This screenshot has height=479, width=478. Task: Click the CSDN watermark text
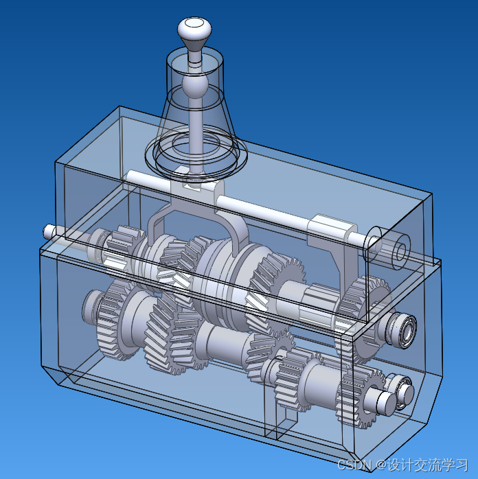click(x=354, y=465)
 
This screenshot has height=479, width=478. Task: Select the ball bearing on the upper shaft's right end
click(x=404, y=331)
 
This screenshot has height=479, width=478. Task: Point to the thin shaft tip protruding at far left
click(x=48, y=232)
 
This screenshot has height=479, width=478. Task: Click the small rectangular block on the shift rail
click(x=332, y=229)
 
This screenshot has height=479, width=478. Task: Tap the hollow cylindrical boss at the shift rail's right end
click(x=387, y=248)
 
